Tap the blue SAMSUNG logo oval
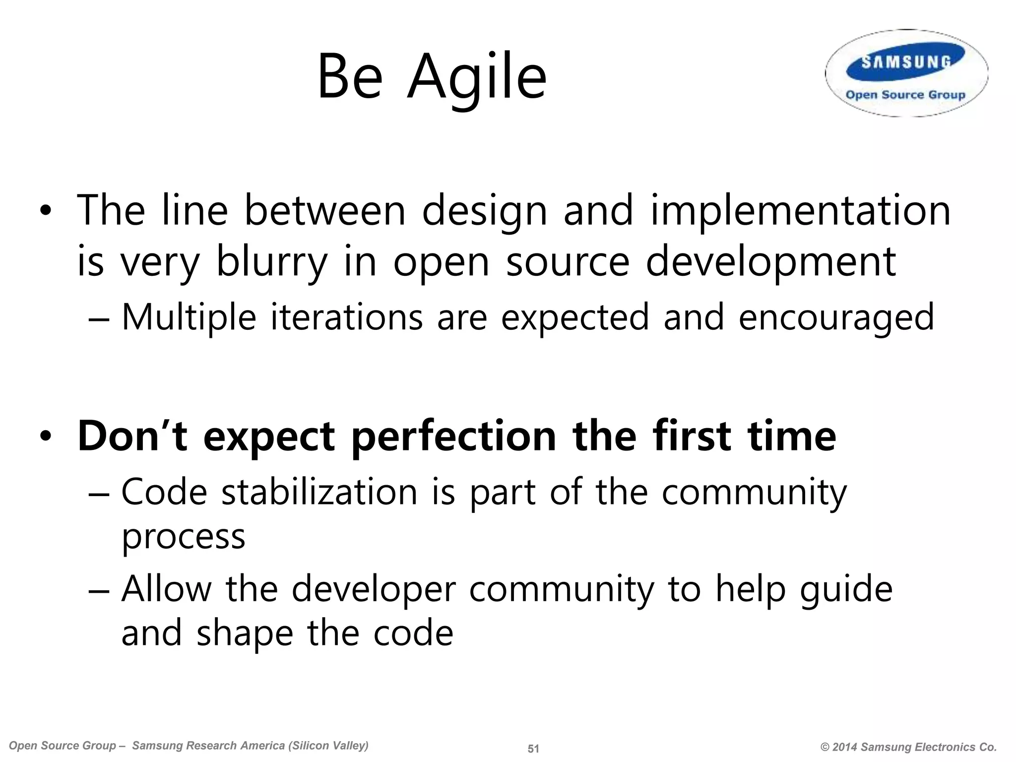[906, 63]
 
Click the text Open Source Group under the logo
[905, 95]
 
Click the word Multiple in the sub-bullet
[189, 318]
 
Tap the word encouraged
[836, 318]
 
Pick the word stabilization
[319, 493]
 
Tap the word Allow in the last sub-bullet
[167, 589]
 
